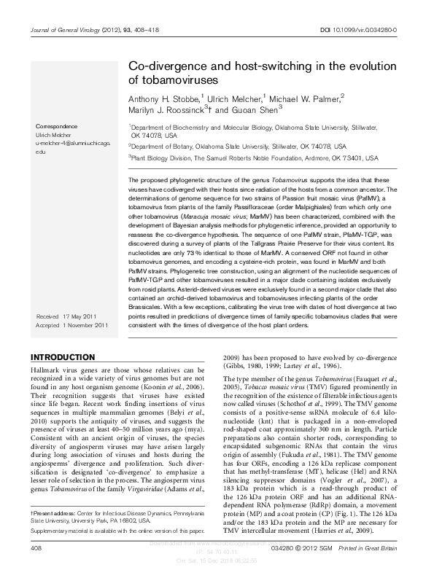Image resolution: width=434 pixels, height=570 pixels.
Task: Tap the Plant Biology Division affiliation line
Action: pyautogui.click(x=254, y=157)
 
